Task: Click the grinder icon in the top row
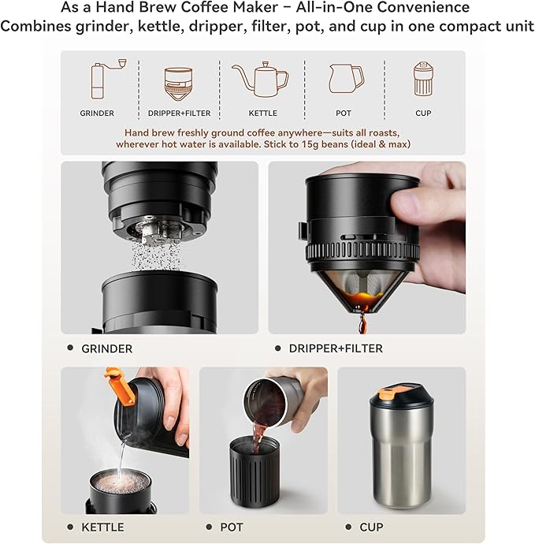coord(97,80)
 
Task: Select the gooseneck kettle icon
coord(262,80)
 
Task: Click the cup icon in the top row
coord(423,79)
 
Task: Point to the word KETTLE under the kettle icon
coord(262,114)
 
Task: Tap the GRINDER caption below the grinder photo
coord(106,348)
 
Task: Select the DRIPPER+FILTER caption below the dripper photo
coord(336,348)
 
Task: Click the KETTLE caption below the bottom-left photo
coord(102,527)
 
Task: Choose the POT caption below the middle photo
coord(232,527)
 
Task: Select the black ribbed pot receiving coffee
coord(252,478)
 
